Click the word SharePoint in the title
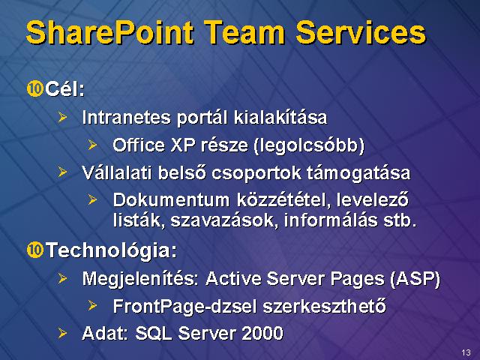point(110,32)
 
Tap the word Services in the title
point(361,32)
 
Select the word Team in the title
point(245,32)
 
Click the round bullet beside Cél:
point(34,89)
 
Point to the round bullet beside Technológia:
point(34,250)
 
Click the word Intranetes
point(127,117)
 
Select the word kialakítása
point(280,117)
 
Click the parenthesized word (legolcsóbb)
point(309,145)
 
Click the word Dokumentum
point(172,200)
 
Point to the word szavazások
point(224,220)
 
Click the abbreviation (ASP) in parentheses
point(415,279)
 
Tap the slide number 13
point(466,352)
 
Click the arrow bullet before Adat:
point(62,333)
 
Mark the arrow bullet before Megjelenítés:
point(62,278)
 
